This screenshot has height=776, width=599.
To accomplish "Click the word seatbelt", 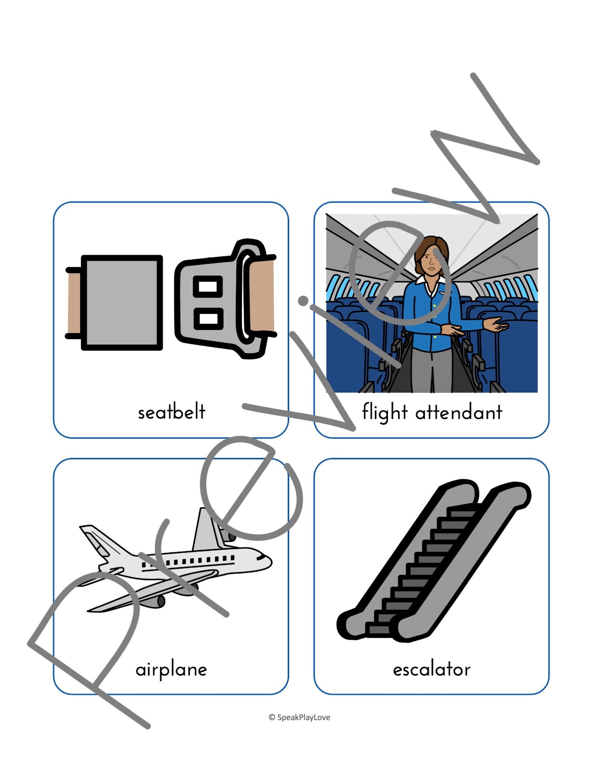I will coord(171,412).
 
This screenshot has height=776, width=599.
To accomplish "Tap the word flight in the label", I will coord(385,412).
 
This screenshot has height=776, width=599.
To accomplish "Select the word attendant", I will coord(459,412).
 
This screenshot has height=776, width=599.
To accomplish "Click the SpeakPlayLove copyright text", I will coord(300,717).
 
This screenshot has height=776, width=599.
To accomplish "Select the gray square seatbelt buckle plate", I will coord(122,303).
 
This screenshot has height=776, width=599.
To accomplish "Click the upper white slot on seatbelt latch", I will coord(208,287).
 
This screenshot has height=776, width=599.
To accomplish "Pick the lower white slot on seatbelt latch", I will coord(208,319).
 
